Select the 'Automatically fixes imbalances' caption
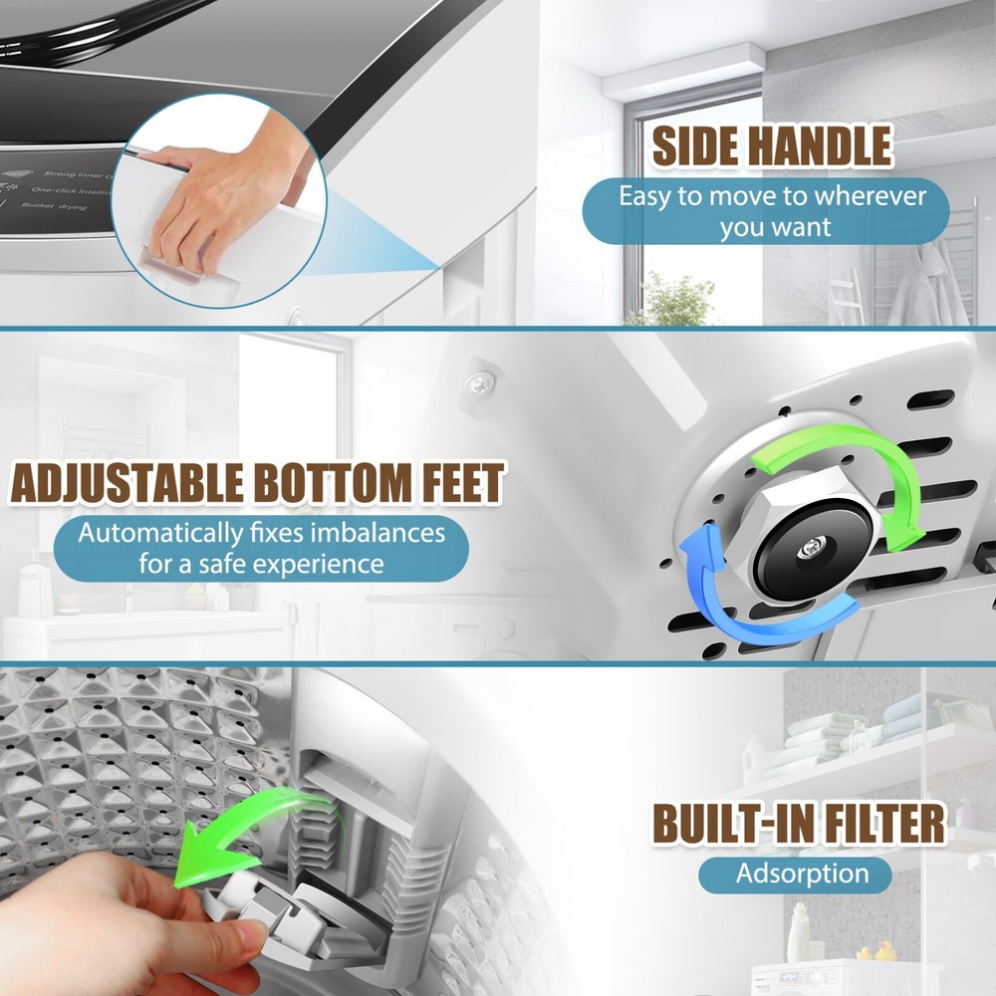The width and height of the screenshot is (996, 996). point(261,548)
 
